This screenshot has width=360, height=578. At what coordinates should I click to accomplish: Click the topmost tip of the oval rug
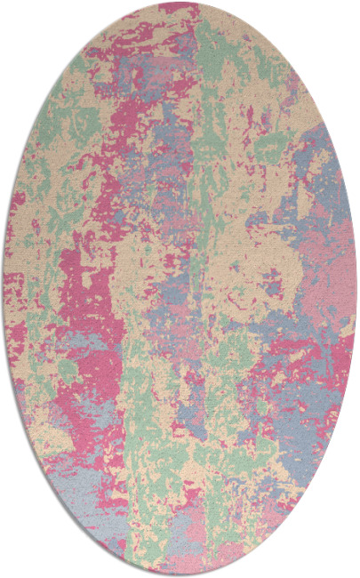coord(180,3)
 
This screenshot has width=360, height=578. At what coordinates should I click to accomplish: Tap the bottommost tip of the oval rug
coord(180,575)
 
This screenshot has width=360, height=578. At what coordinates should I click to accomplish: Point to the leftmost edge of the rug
coord(4,289)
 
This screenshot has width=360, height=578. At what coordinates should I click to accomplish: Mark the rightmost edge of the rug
coord(356,289)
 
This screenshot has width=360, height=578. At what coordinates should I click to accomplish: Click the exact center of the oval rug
coord(180,289)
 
